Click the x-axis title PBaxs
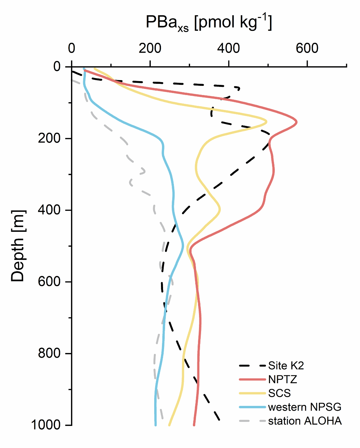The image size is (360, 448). click(x=209, y=23)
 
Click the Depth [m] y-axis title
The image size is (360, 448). click(x=18, y=246)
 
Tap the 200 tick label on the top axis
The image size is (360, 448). click(x=150, y=49)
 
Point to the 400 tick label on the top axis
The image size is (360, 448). click(x=229, y=49)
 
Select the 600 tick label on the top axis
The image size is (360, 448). click(x=307, y=49)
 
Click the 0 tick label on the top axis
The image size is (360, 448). click(x=71, y=49)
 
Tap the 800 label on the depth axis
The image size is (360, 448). click(x=49, y=353)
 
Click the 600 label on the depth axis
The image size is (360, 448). click(x=49, y=281)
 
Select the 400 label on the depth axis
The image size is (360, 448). click(x=49, y=210)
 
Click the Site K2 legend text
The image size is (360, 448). click(x=286, y=366)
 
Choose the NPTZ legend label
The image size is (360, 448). click(x=283, y=379)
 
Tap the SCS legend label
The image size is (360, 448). click(x=280, y=393)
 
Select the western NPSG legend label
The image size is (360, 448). click(x=305, y=407)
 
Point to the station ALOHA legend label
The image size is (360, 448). click(x=305, y=421)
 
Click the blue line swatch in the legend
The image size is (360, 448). click(x=252, y=407)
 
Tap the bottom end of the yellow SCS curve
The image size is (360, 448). click(x=169, y=425)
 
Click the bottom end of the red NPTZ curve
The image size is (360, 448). click(x=194, y=425)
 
